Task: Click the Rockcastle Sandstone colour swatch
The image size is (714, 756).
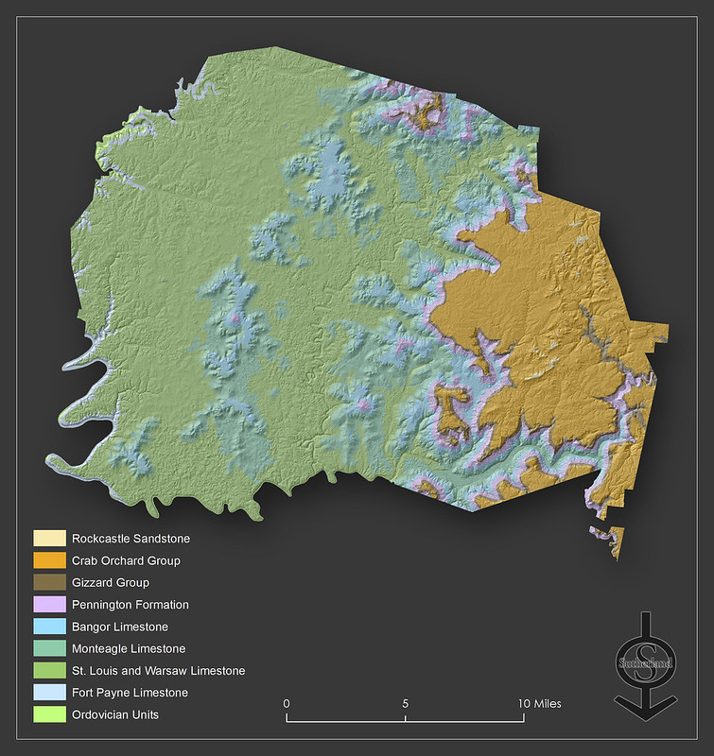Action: (x=49, y=539)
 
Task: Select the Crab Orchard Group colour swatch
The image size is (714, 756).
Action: (x=49, y=560)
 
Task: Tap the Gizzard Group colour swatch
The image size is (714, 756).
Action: (x=49, y=583)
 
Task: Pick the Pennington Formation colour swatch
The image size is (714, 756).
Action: (x=49, y=605)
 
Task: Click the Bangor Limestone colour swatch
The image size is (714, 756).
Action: (x=49, y=627)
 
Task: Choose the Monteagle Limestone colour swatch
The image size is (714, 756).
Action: (x=49, y=648)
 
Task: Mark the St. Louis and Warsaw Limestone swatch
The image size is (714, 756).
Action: (x=49, y=671)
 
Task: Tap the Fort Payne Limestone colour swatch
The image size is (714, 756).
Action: (x=49, y=693)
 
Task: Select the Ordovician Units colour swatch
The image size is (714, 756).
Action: (x=49, y=714)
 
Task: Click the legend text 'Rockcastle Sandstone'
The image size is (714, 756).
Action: (x=131, y=539)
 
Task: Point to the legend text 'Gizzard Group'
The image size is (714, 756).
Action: (x=110, y=583)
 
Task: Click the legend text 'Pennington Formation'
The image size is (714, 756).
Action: (x=130, y=605)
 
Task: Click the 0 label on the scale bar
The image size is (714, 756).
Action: (x=287, y=703)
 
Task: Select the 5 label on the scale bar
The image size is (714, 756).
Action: (x=406, y=703)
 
